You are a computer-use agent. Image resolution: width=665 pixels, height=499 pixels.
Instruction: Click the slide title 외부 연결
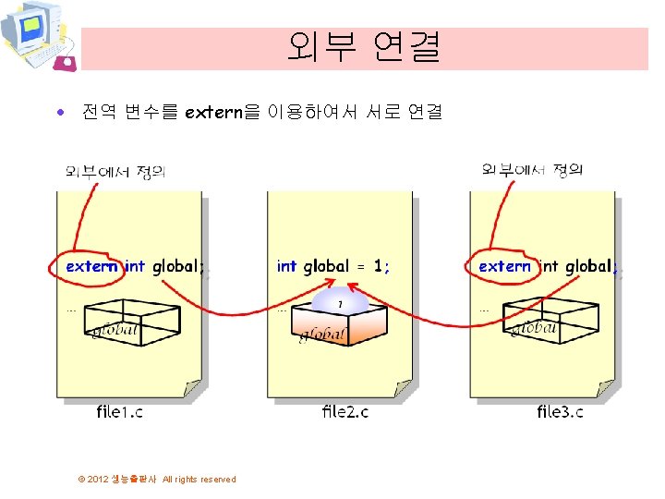364,46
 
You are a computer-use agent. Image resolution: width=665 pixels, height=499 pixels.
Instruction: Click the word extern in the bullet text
212,113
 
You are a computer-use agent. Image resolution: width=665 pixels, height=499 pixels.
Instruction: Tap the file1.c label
120,411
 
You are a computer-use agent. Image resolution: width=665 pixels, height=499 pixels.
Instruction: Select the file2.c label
345,411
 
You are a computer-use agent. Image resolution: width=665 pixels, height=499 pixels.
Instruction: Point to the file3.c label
561,411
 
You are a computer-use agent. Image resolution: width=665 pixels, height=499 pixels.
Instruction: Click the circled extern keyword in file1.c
92,266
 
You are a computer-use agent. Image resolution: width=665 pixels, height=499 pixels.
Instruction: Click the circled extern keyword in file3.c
505,266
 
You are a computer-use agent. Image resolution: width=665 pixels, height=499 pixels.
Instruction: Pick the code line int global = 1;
333,266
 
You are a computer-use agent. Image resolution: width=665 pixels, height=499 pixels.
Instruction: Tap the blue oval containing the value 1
340,303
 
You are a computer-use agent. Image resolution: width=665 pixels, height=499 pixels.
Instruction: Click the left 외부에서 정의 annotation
115,171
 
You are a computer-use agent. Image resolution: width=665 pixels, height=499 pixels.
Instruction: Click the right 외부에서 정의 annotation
533,169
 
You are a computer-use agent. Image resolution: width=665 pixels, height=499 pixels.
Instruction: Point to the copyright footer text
157,479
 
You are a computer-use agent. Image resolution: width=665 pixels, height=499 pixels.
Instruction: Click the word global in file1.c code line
175,266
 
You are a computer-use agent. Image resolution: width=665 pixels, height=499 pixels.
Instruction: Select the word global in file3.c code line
588,266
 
